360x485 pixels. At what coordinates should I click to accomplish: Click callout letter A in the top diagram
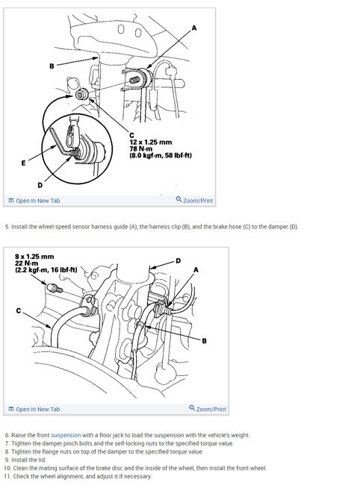pos(194,28)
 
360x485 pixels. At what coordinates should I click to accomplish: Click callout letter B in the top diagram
pos(52,66)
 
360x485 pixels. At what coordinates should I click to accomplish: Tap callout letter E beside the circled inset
pos(23,163)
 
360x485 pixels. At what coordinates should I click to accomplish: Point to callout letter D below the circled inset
pos(40,185)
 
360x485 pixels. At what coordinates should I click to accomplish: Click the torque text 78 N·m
pos(141,148)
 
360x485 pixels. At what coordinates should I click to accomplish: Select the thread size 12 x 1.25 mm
pos(150,143)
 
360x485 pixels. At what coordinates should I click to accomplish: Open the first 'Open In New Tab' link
pos(34,201)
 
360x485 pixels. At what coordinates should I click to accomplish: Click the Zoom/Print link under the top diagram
pos(194,200)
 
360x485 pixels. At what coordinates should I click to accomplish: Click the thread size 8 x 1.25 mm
pos(34,257)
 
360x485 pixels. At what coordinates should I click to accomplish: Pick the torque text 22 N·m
pos(27,263)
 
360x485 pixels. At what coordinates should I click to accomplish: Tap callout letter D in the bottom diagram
pos(179,260)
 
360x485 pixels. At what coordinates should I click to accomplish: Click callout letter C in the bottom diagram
pos(19,310)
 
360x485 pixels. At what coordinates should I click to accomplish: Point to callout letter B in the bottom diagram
pos(205,341)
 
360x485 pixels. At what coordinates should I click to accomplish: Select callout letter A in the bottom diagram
pos(196,270)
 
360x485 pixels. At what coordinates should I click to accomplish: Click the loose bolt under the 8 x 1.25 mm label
pos(55,288)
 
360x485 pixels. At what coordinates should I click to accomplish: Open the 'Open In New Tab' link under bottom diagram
pos(34,409)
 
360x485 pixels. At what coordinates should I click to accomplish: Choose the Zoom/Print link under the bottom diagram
pos(208,409)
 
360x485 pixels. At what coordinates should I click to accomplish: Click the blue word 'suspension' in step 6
pos(66,435)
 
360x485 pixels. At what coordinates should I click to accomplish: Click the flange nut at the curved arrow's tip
pos(81,94)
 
